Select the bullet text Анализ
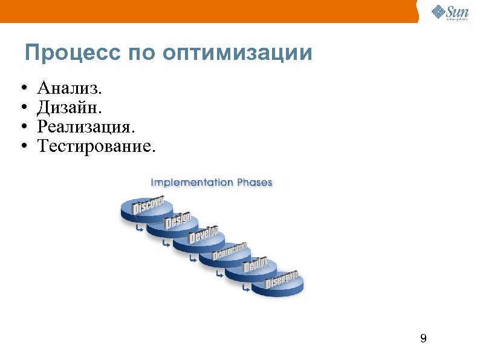click(70, 89)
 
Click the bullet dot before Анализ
click(22, 90)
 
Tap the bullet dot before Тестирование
click(22, 146)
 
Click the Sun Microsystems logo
click(449, 12)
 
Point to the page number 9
click(423, 338)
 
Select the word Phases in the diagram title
click(254, 182)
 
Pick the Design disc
click(177, 222)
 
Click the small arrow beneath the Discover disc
click(140, 229)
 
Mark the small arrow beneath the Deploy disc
click(245, 289)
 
